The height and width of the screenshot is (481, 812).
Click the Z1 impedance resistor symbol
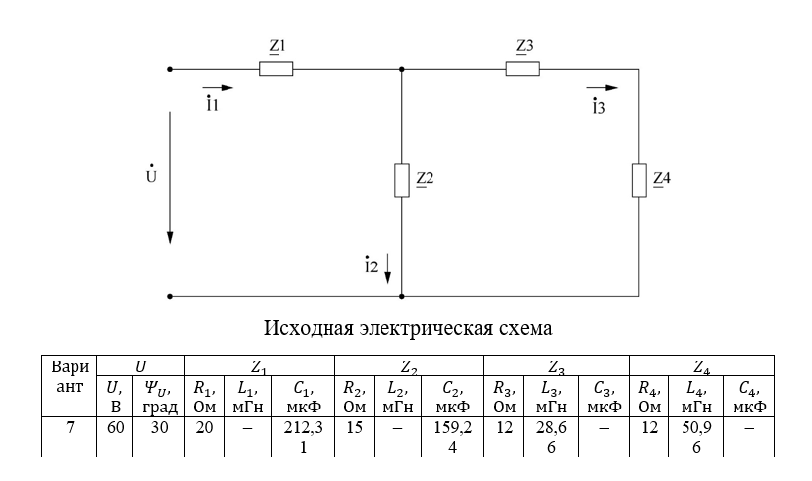click(277, 69)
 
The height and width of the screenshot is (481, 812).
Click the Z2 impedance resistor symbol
click(402, 181)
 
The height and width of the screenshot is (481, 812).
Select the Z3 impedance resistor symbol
click(524, 69)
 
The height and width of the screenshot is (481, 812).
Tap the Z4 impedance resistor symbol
click(639, 181)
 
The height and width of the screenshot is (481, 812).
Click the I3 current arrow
click(600, 87)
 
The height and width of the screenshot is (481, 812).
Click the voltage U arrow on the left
click(171, 176)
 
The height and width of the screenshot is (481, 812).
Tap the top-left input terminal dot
click(171, 69)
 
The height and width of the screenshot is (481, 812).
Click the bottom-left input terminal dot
click(171, 295)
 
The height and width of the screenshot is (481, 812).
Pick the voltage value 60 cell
click(114, 430)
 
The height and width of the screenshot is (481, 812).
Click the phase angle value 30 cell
click(158, 430)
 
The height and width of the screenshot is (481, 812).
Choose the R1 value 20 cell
click(204, 430)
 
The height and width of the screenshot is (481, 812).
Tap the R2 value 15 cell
click(354, 430)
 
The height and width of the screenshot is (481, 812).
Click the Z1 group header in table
click(260, 368)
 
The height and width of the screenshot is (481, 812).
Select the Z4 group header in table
click(701, 368)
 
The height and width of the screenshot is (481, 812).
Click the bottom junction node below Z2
click(402, 295)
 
